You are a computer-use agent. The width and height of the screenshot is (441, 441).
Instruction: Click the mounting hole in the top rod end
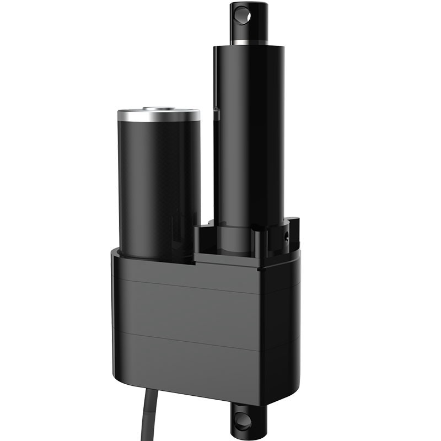(240, 15)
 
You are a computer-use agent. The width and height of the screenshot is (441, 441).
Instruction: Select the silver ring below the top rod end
(249, 42)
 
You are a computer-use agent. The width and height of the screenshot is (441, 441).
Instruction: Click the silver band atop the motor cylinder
(159, 116)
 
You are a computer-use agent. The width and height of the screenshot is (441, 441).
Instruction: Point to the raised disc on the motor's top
(159, 109)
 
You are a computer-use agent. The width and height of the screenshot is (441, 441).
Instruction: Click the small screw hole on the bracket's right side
(286, 235)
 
